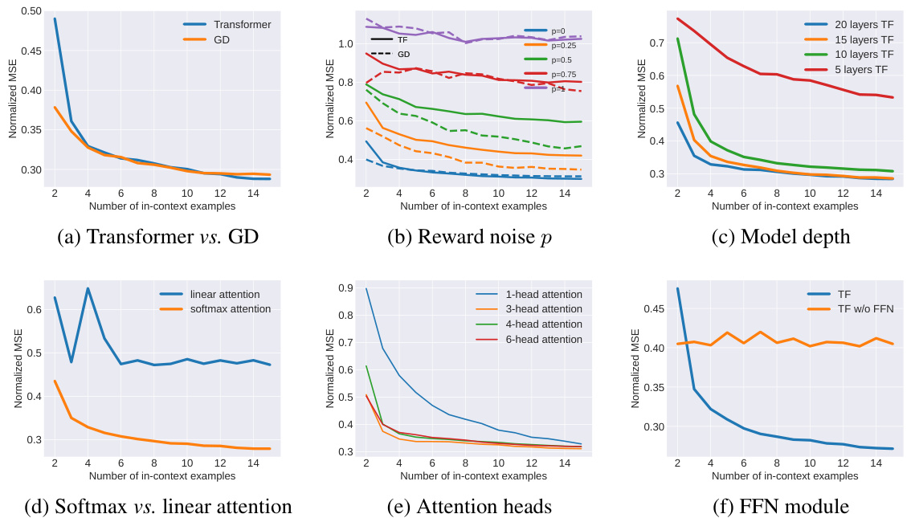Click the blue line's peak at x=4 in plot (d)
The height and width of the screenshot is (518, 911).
tap(88, 288)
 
